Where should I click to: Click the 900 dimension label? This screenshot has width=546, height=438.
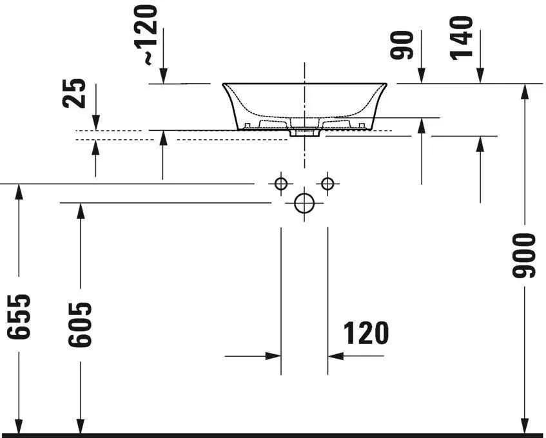coord(523,256)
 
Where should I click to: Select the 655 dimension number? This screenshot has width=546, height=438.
coord(19,317)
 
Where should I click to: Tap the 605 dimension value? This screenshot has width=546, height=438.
coord(80,325)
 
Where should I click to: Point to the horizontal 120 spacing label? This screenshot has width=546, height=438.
coord(366,333)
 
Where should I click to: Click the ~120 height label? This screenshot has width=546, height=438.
coord(146,35)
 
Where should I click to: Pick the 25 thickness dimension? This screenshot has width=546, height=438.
coord(74,93)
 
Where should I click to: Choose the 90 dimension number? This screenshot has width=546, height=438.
coord(402,45)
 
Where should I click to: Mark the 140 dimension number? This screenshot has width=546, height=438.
coord(462,38)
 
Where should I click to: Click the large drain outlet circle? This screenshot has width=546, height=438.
coord(304,203)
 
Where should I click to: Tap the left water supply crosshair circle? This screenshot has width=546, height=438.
coord(281,183)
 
